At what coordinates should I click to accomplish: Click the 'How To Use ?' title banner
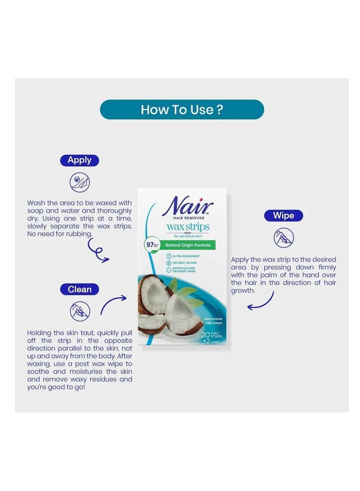182,109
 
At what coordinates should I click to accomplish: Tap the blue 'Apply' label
79,160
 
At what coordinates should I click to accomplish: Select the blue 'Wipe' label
283,216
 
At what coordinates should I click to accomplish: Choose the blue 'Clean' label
79,289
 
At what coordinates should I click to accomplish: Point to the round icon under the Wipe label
283,237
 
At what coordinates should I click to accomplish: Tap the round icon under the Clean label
80,311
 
